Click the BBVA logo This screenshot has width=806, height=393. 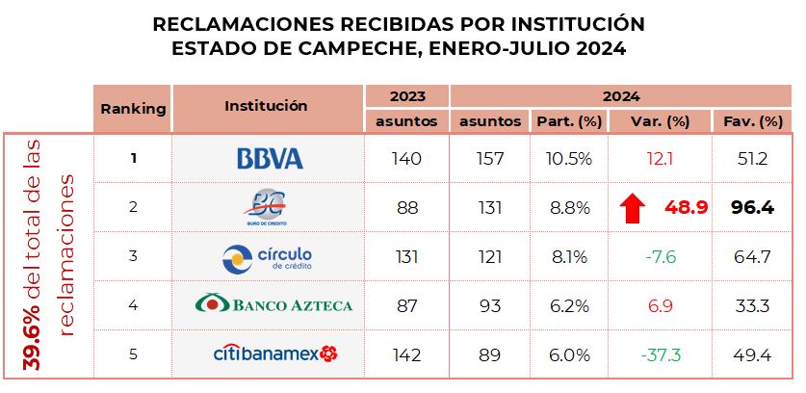pos(270,159)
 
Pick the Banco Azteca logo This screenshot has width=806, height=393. pos(273,305)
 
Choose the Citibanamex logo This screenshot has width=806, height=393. pos(274,354)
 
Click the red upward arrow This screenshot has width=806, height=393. pos(633,207)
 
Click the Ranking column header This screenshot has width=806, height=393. pos(133,109)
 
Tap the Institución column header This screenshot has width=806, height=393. pos(266,106)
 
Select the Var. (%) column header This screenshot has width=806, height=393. pos(660,121)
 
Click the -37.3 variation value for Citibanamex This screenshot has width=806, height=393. pos(660,355)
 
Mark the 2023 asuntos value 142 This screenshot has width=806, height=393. pos(407,355)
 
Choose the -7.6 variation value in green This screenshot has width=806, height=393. pos(660,257)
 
